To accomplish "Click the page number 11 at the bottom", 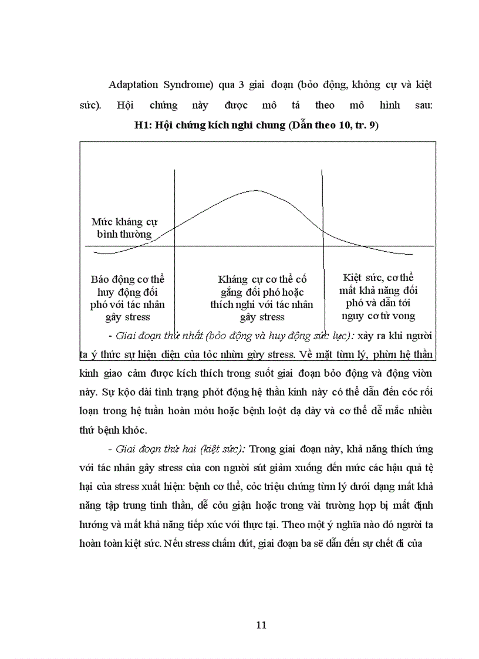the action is point(262,624).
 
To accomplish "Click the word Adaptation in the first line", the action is point(134,84).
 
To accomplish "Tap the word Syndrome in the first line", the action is point(188,84).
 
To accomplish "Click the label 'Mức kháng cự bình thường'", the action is point(124,228).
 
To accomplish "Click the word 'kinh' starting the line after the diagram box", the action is point(89,373).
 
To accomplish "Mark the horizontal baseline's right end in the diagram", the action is point(433,246).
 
